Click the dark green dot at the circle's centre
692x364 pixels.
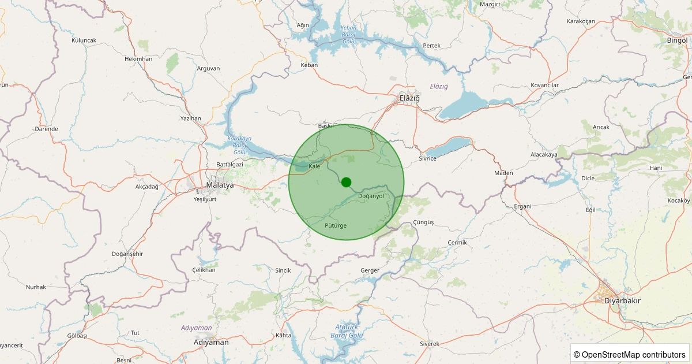(x=346, y=182)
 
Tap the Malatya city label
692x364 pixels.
(x=220, y=185)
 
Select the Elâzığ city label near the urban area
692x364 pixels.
(x=410, y=98)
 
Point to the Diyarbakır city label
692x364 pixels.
(x=622, y=301)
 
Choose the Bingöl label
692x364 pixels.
(x=677, y=40)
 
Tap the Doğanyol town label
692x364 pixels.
(x=371, y=196)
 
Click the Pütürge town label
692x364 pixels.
(x=336, y=225)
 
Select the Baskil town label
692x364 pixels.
(x=326, y=126)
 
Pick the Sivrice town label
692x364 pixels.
(x=428, y=158)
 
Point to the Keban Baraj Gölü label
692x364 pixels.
(x=349, y=35)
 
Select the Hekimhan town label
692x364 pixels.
(x=138, y=59)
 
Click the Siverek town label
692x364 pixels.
(x=430, y=344)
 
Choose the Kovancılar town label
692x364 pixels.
(x=545, y=86)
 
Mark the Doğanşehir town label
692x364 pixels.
(x=127, y=254)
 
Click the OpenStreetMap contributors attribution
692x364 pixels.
(x=630, y=354)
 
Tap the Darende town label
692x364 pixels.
(x=47, y=129)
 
